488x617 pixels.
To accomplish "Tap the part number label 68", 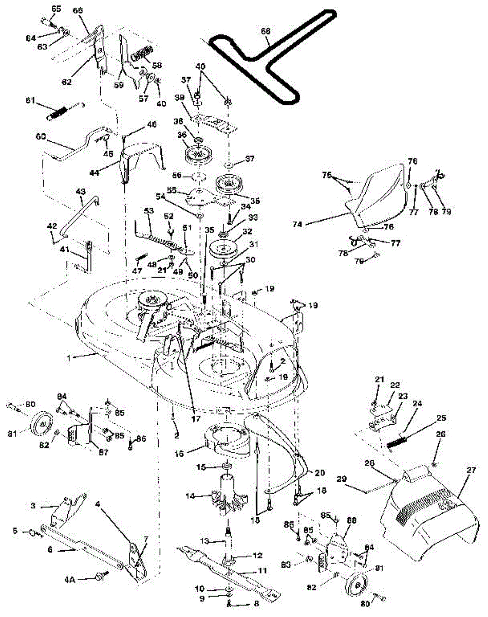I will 265,31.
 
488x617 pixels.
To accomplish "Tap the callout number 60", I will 41,137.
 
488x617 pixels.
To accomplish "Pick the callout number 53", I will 149,211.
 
